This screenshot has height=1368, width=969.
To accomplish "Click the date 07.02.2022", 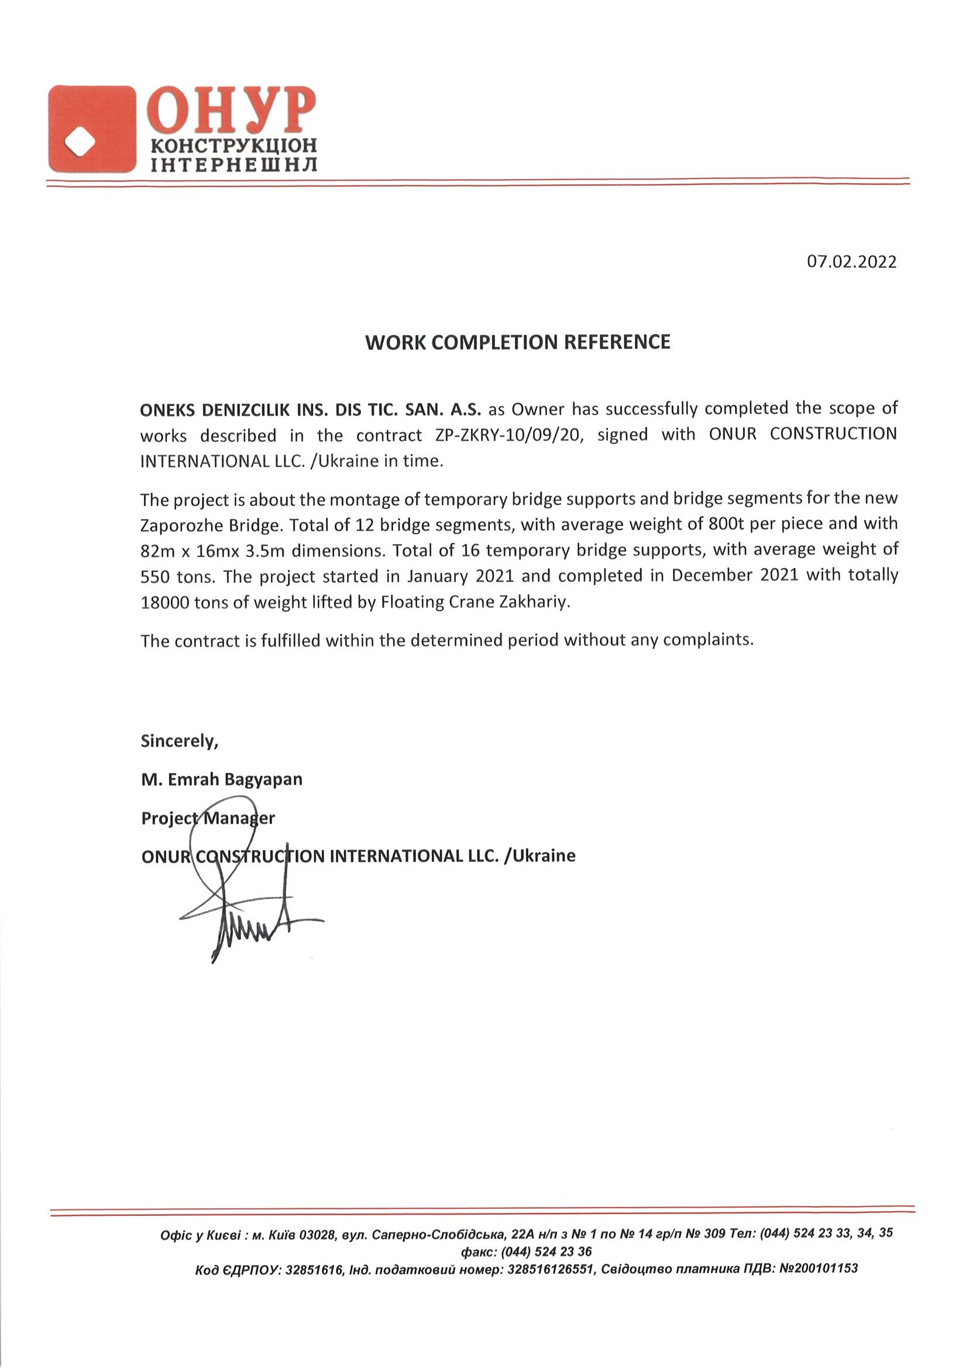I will [851, 262].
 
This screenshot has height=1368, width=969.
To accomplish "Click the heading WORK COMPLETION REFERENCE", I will [517, 342].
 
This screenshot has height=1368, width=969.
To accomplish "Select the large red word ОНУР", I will [233, 111].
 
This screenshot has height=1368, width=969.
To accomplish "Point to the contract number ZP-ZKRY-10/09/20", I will [507, 435].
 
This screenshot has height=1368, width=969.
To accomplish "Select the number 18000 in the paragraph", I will [164, 603].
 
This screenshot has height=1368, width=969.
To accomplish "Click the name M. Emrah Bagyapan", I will [222, 779].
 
